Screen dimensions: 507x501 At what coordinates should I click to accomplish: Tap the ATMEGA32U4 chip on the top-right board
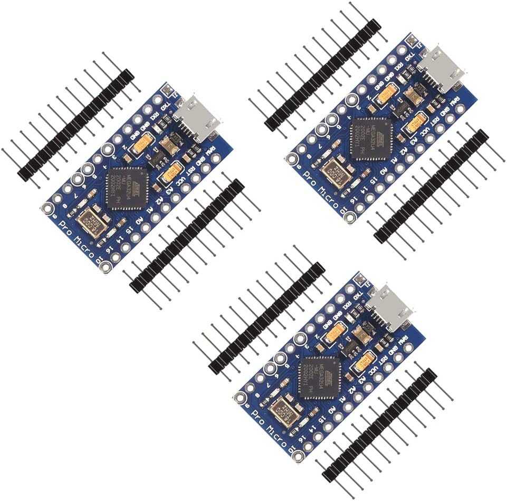click(372, 139)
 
